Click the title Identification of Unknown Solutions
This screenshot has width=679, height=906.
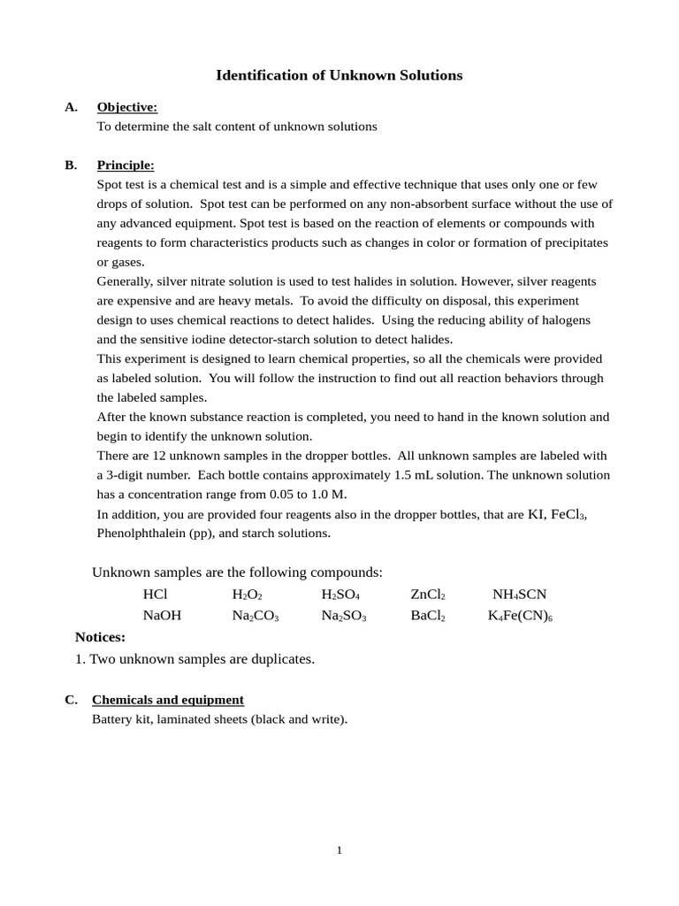339,75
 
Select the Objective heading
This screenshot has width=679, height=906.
126,107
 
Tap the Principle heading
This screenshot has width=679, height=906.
125,165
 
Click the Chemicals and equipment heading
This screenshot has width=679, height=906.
167,700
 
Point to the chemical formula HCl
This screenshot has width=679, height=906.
155,595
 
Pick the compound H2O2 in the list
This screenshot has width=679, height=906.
247,595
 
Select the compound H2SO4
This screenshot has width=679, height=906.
339,595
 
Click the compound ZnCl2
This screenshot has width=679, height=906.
427,595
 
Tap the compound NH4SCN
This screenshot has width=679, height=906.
519,595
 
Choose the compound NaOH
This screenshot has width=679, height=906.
162,616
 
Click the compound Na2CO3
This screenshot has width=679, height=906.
255,616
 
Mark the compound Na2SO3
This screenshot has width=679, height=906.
343,616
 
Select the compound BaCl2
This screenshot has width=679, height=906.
427,616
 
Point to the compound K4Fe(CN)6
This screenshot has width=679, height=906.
520,616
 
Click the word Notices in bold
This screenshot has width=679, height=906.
100,637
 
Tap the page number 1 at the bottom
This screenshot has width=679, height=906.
339,850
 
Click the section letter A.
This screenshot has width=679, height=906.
71,107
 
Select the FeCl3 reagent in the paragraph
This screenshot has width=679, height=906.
568,514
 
